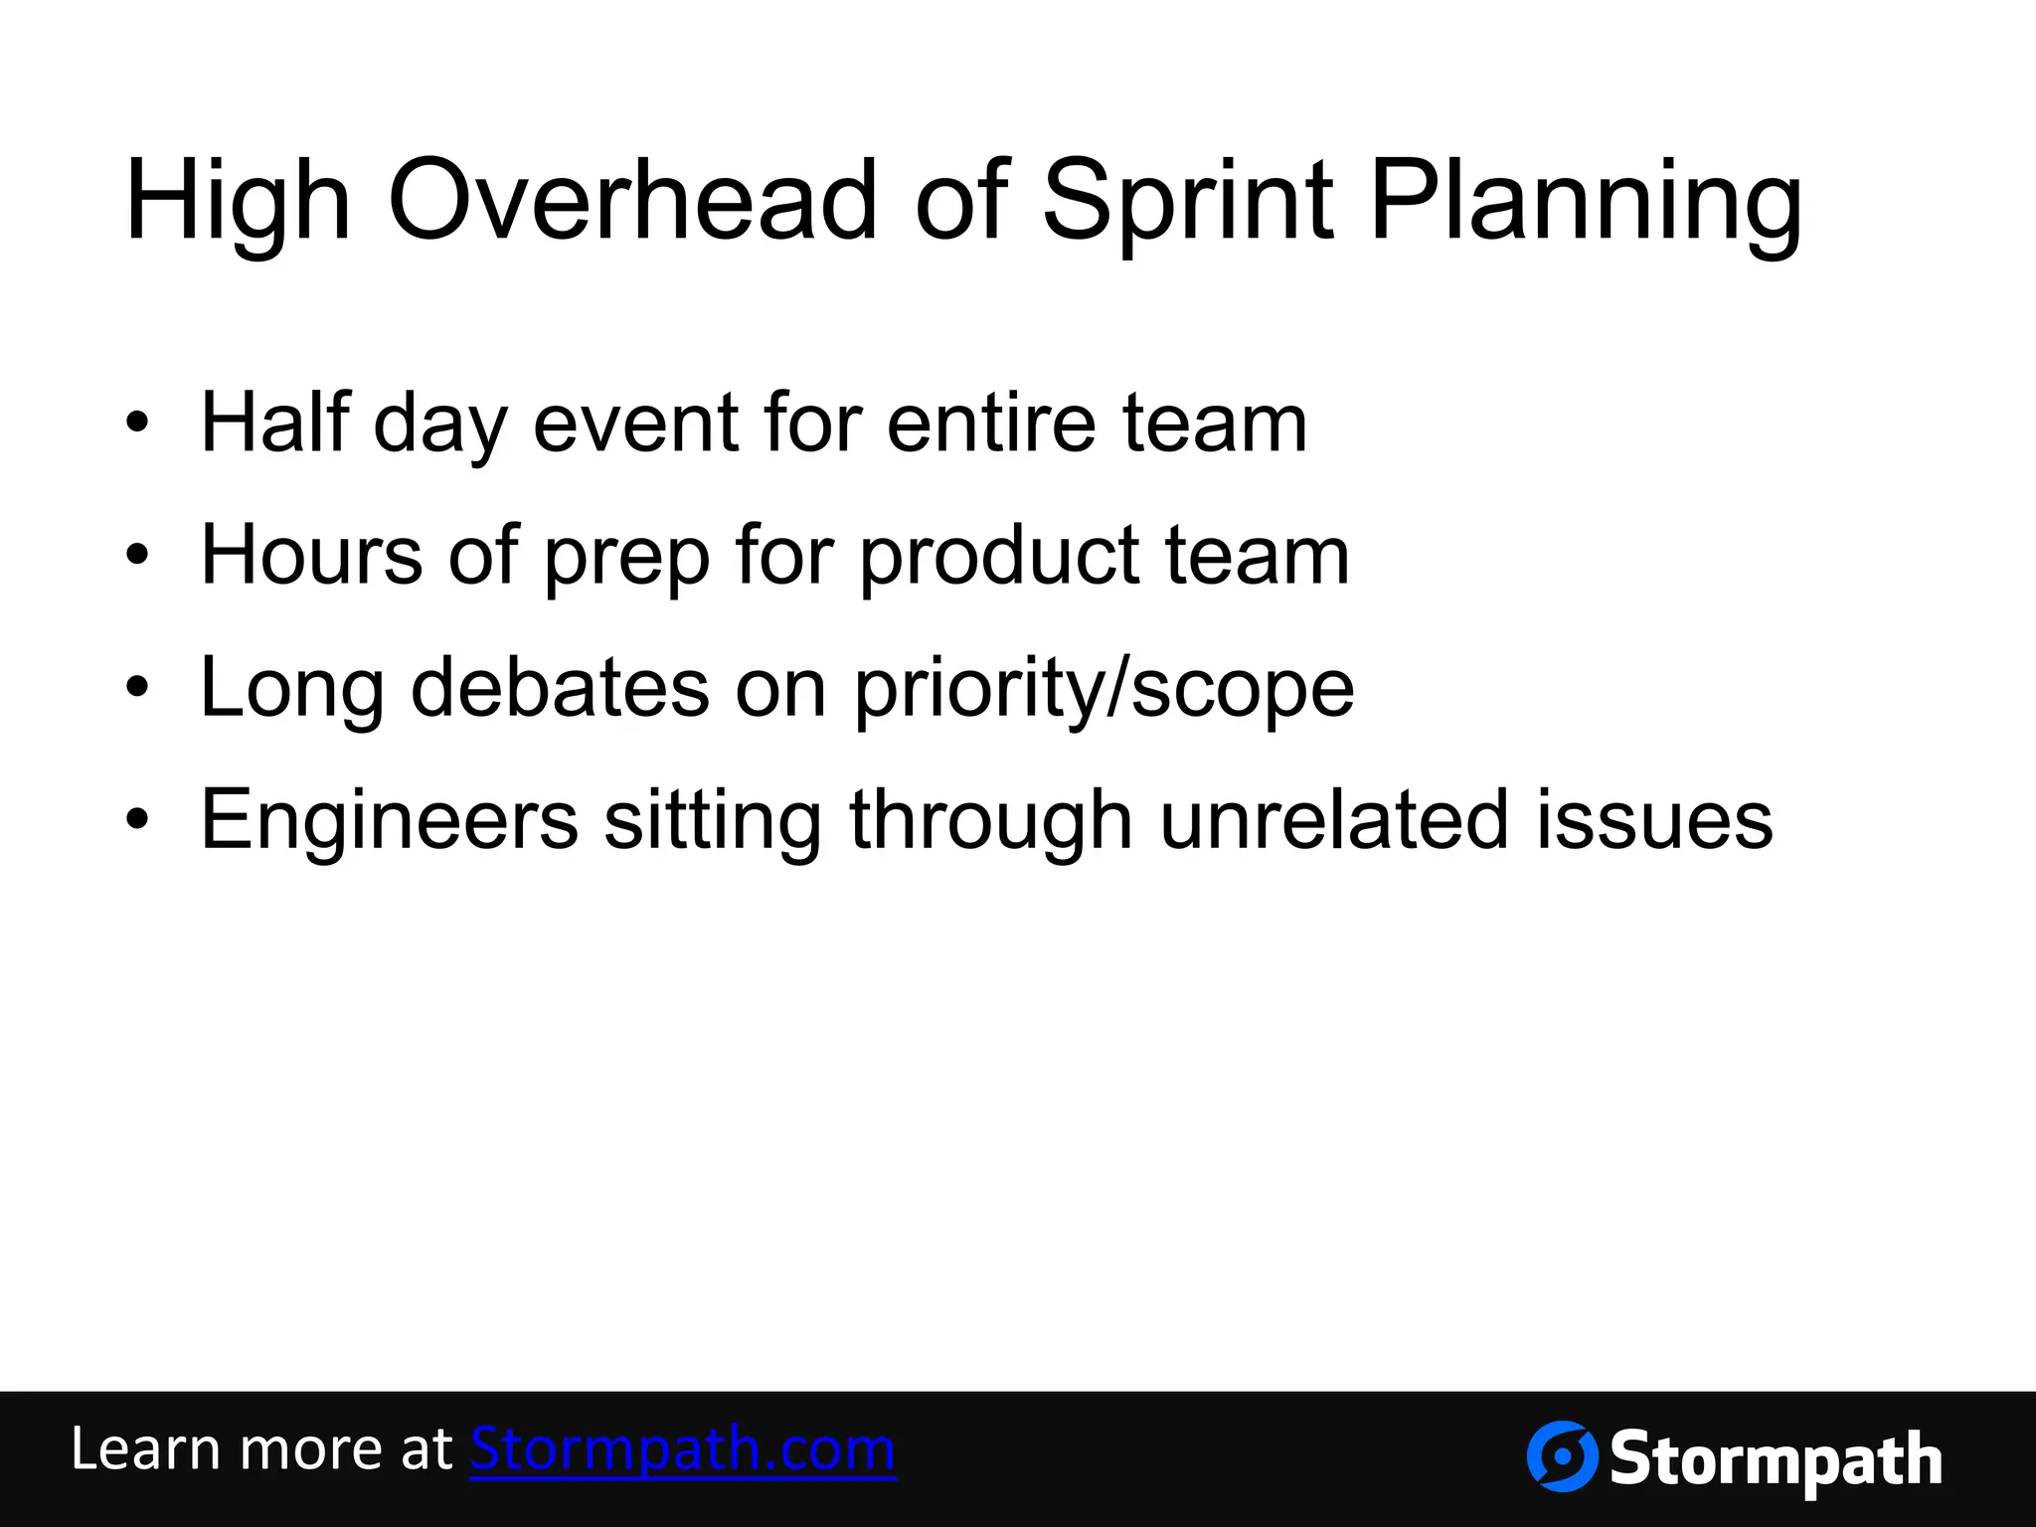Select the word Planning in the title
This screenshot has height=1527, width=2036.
1585,204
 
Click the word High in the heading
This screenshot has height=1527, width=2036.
238,204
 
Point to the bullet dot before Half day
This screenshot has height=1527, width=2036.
137,424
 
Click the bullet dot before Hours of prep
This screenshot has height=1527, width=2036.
137,556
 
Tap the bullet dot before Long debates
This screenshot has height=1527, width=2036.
137,688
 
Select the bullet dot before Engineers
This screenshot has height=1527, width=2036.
137,820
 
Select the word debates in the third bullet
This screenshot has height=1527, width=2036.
560,688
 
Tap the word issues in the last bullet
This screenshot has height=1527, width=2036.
1654,820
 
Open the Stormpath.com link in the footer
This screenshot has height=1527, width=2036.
683,1448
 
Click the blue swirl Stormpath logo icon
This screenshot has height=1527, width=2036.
1562,1456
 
